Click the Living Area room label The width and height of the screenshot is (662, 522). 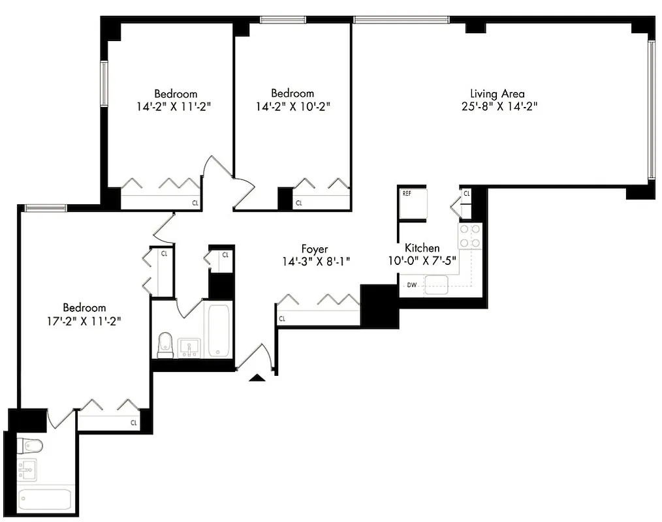click(497, 94)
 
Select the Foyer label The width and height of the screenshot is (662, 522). click(314, 249)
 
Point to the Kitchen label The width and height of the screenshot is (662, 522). click(422, 248)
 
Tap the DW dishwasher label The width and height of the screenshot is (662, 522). click(412, 285)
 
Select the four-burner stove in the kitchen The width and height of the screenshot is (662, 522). click(470, 236)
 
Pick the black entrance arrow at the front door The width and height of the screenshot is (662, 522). click(257, 377)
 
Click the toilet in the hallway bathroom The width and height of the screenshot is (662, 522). click(165, 343)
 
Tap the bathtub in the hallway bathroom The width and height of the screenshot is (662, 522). click(219, 330)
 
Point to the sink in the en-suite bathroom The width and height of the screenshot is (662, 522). click(27, 469)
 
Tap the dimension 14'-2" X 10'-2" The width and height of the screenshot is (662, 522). click(292, 106)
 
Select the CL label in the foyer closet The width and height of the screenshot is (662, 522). click(282, 319)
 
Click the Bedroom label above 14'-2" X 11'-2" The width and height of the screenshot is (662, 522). click(176, 94)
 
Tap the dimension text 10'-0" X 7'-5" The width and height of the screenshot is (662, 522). click(422, 261)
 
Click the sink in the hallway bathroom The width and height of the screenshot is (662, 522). click(189, 347)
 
